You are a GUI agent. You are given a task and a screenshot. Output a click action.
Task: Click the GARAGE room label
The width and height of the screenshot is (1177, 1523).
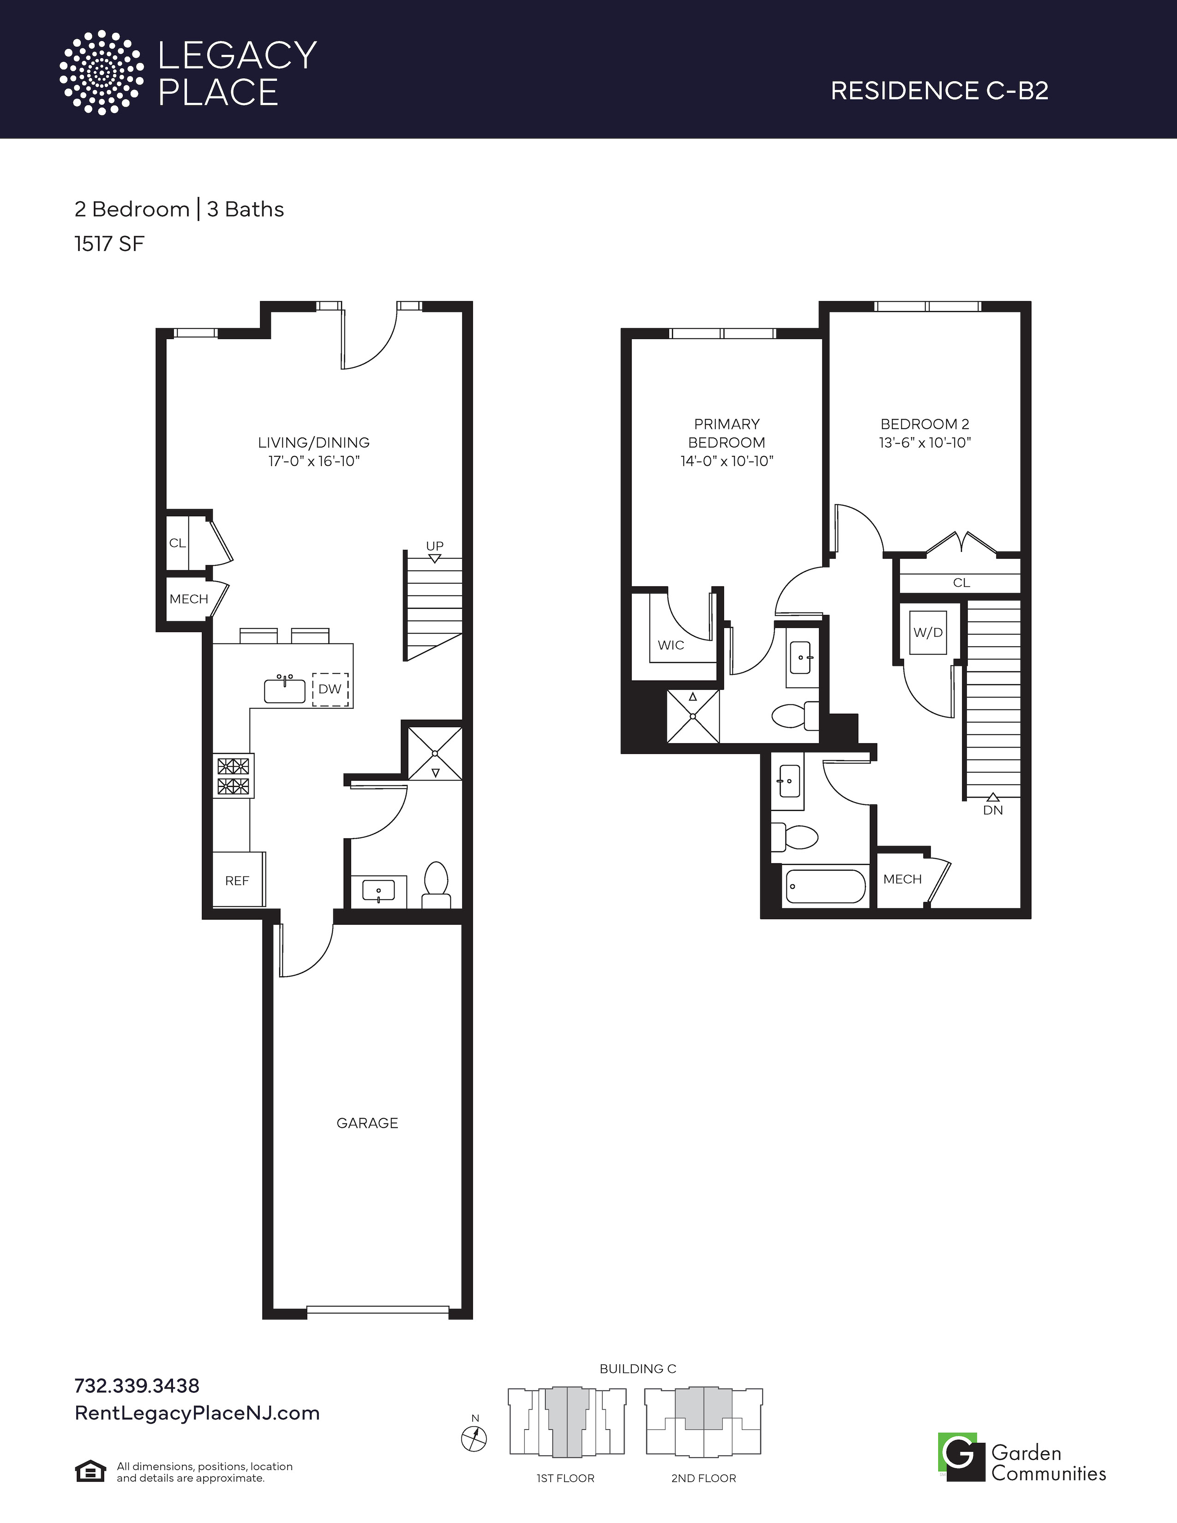(367, 1123)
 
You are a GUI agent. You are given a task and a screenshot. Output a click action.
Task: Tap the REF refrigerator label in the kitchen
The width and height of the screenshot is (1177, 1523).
(237, 881)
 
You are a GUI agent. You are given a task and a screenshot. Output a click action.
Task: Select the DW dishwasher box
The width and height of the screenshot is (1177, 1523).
(330, 689)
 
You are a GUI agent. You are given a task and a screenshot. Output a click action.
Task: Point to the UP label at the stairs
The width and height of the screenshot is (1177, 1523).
(434, 546)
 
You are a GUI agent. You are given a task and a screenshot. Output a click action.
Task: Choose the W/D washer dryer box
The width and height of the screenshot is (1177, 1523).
(928, 632)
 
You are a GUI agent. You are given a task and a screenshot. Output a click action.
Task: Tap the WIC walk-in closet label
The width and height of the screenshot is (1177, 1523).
(671, 645)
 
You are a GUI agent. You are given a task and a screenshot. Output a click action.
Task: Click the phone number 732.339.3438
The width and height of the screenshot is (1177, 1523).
(137, 1385)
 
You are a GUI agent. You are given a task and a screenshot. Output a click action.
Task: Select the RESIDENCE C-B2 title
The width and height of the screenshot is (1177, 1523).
(939, 90)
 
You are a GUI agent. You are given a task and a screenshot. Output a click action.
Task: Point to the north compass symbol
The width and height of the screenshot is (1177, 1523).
(474, 1438)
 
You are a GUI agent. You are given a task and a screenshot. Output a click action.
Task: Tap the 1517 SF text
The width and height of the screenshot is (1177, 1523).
(109, 244)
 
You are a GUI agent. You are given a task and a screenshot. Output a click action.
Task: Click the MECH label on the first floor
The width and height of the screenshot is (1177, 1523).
(188, 599)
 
